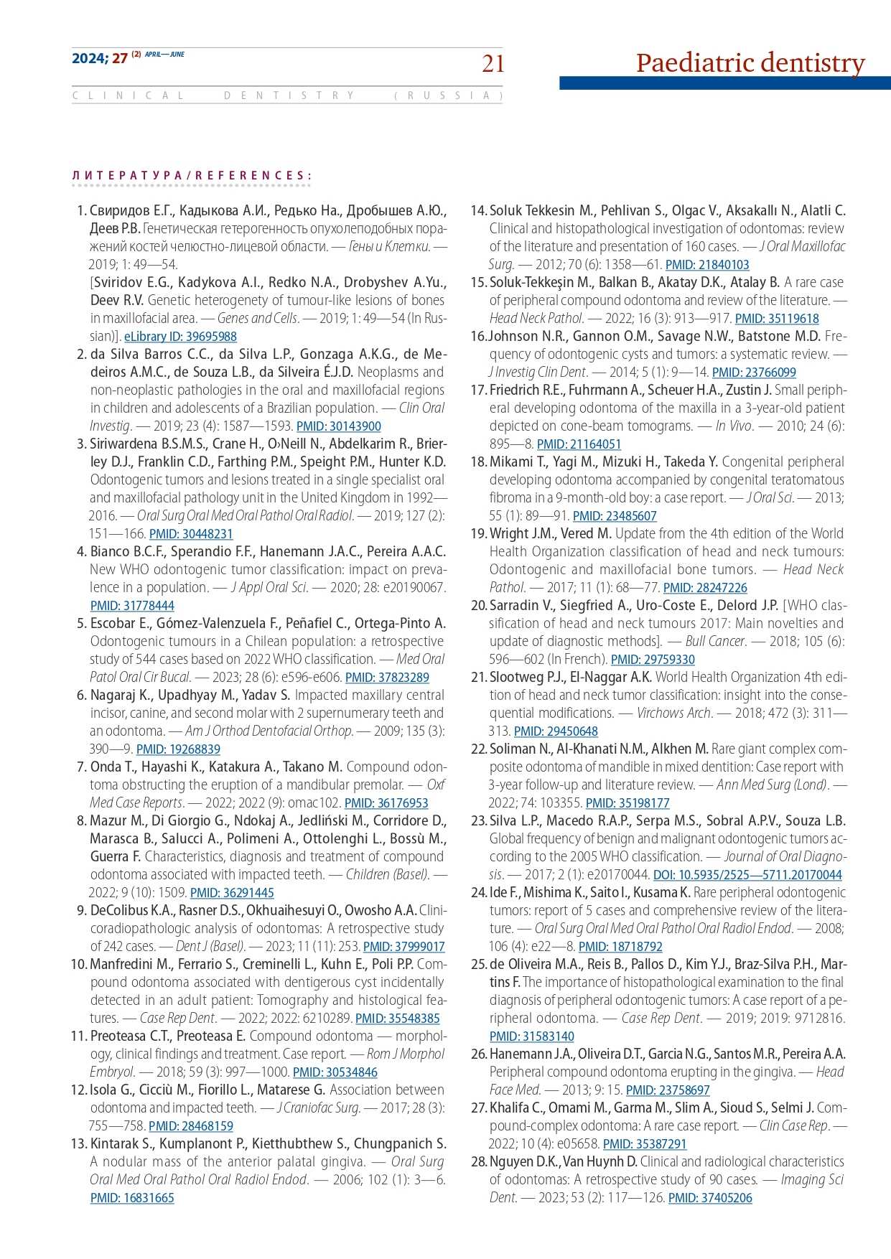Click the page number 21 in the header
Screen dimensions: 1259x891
[x=493, y=64]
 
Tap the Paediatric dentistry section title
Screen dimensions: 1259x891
[x=750, y=62]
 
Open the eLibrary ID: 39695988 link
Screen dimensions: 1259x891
[x=180, y=337]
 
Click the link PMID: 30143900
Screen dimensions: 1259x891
[x=339, y=426]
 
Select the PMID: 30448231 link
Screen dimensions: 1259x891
[x=191, y=534]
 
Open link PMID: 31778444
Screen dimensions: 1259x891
[x=132, y=606]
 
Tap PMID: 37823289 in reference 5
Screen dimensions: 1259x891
[x=387, y=678]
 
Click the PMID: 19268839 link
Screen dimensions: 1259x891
[x=178, y=749]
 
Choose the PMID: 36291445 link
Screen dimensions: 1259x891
[x=232, y=893]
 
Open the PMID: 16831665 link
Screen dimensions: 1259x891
[x=132, y=1198]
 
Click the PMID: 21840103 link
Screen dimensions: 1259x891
[x=707, y=265]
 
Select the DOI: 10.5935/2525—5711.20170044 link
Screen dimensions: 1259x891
[x=747, y=875]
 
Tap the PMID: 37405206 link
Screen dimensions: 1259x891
[x=710, y=1198]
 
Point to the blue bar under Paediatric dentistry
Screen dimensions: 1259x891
[x=724, y=83]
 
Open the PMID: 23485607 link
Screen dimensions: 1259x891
[x=615, y=516]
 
